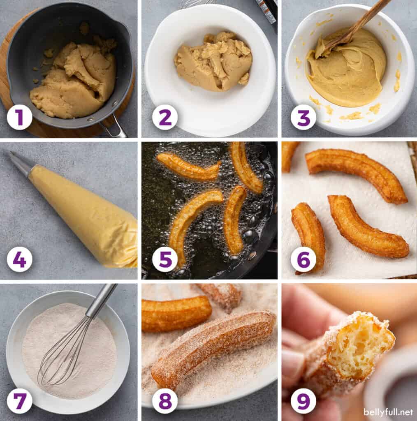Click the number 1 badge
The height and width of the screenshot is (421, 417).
pyautogui.click(x=19, y=117)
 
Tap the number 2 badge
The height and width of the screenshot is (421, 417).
pyautogui.click(x=165, y=117)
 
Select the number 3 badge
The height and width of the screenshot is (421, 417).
pyautogui.click(x=303, y=117)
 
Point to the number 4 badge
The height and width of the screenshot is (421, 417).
pyautogui.click(x=19, y=259)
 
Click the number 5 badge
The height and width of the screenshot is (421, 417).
pyautogui.click(x=165, y=259)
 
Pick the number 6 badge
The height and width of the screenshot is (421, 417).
pyautogui.click(x=303, y=259)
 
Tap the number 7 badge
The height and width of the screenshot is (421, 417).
pyautogui.click(x=19, y=401)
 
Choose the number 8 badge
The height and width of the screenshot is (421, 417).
pyautogui.click(x=165, y=401)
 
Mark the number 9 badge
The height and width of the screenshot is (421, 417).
pyautogui.click(x=303, y=401)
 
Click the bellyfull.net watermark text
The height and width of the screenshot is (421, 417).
pyautogui.click(x=388, y=412)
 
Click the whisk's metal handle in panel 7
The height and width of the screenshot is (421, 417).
pyautogui.click(x=102, y=300)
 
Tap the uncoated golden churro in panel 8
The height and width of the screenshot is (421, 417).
pyautogui.click(x=176, y=314)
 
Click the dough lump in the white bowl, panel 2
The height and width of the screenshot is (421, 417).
pyautogui.click(x=213, y=62)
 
